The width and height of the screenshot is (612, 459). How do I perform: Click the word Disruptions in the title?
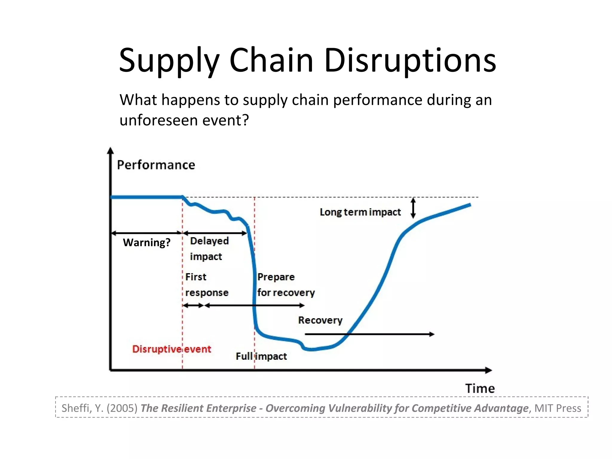tap(410, 61)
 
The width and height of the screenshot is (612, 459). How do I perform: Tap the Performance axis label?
tap(156, 165)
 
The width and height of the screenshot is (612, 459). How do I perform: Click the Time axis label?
tap(480, 388)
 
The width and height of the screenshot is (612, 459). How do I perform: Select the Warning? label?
tap(146, 242)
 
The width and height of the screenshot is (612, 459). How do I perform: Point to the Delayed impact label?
tap(209, 249)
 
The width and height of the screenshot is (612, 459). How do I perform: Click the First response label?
tap(206, 285)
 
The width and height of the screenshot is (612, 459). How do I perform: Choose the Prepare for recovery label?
tap(286, 285)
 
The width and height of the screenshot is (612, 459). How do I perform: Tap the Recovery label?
tap(320, 320)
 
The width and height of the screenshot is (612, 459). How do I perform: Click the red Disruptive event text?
tap(172, 349)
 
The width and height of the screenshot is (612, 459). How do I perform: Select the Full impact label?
tap(261, 356)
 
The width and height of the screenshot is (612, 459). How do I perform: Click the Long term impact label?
tap(360, 212)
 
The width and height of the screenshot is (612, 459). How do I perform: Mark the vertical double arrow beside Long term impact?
tap(413, 208)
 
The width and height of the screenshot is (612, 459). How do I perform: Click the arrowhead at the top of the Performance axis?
tap(110, 150)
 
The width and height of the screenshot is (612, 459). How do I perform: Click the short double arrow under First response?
tap(193, 305)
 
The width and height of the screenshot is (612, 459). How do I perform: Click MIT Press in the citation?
tap(558, 408)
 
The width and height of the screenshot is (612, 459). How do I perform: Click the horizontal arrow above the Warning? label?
tap(146, 233)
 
